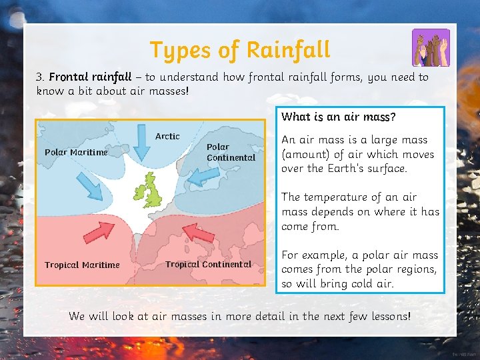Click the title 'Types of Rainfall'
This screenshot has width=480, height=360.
(239, 50)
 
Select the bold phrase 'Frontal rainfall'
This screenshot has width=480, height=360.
(90, 77)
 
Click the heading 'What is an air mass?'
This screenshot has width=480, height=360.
(338, 117)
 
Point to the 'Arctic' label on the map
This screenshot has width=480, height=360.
(167, 136)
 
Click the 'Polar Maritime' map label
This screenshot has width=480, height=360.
(76, 152)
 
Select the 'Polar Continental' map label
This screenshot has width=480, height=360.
(231, 152)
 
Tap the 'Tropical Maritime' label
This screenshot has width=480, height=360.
(82, 265)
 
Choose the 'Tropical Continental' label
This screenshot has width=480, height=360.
(208, 264)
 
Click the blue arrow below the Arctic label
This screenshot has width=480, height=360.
(142, 141)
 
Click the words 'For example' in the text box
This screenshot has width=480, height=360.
(314, 255)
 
